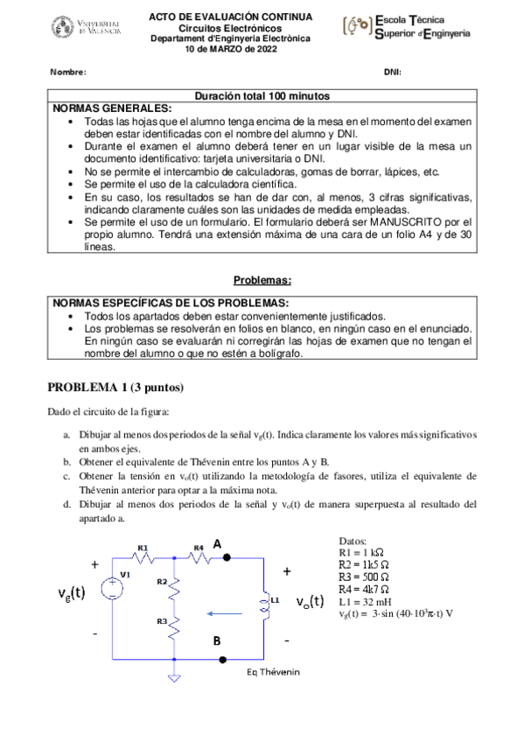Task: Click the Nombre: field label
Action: pyautogui.click(x=68, y=72)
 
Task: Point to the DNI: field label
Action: pyautogui.click(x=392, y=72)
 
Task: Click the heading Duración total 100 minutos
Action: pyautogui.click(x=262, y=94)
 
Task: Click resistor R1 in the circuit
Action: pyautogui.click(x=143, y=557)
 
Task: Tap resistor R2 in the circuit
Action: pyautogui.click(x=175, y=591)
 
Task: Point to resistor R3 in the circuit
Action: pyautogui.click(x=175, y=628)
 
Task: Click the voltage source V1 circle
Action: pyautogui.click(x=112, y=587)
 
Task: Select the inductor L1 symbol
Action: pyautogui.click(x=264, y=601)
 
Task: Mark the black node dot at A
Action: pyautogui.click(x=227, y=556)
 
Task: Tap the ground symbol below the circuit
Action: pyautogui.click(x=175, y=675)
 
